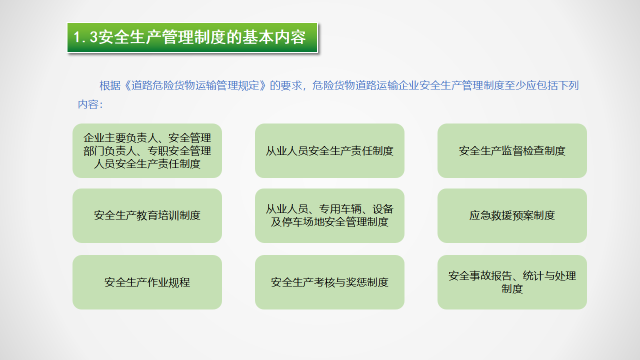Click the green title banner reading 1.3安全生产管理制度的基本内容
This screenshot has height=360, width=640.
point(192,37)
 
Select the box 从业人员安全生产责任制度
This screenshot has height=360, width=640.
point(329,150)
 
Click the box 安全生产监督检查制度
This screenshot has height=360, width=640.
point(512,150)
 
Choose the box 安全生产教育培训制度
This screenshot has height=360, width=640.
point(147,215)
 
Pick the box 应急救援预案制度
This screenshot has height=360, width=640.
point(512,215)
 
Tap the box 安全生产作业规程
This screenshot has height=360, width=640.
point(147,282)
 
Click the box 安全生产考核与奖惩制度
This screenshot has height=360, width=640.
point(329,282)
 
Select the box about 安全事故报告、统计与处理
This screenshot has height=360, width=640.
point(512,282)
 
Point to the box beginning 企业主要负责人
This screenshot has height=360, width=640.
point(147,150)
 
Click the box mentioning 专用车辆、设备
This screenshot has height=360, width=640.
point(329,215)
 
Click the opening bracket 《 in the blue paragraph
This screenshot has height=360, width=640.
point(126,85)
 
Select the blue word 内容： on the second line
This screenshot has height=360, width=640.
point(90,104)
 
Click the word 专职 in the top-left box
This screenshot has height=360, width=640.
point(157,151)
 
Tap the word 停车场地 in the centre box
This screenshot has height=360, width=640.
point(302,222)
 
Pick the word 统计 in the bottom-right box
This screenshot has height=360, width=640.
point(533,275)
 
